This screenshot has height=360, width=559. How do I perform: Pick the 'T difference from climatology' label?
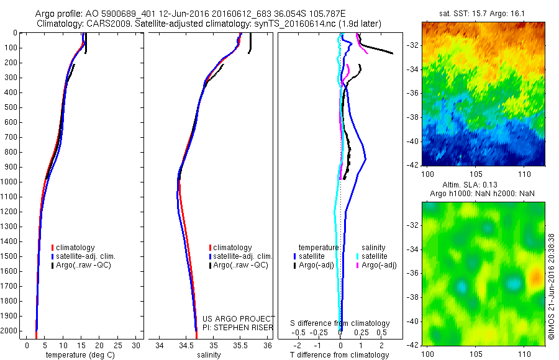340,355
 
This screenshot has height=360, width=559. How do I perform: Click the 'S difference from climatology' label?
340,323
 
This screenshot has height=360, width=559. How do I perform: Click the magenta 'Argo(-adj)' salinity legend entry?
379,265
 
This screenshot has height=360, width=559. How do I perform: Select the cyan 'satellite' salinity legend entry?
375,256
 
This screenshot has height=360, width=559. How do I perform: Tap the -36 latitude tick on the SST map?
414,92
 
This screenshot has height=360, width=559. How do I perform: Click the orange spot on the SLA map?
535,277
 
